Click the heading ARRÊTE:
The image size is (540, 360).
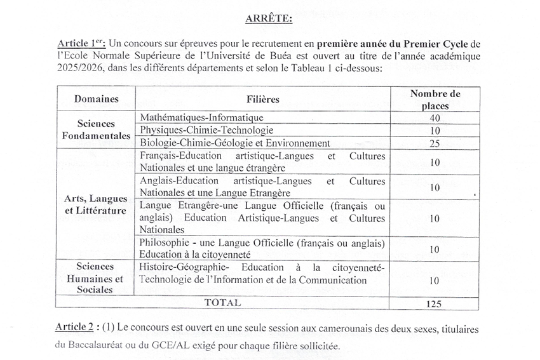[x=269, y=18]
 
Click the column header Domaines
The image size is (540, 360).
[x=96, y=99]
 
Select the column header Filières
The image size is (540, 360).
[x=263, y=99]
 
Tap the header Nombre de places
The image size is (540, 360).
[x=435, y=99]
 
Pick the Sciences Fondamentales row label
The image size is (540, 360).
[x=96, y=130]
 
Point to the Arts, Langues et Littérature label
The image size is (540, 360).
[x=96, y=204]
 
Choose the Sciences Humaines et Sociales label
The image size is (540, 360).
[x=96, y=277]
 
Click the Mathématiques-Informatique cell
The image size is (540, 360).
[x=201, y=117]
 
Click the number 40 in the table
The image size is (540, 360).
[x=435, y=118]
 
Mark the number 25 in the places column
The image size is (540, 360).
[x=435, y=143]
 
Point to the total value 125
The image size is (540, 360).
[x=435, y=303]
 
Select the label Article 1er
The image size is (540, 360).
[x=81, y=43]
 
